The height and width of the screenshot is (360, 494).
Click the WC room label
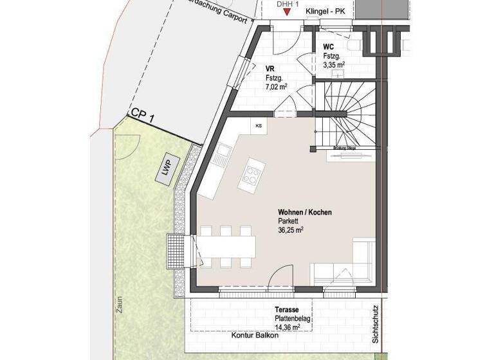click(x=328, y=48)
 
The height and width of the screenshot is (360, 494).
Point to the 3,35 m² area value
click(x=334, y=64)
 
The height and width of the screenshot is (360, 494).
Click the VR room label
click(x=270, y=67)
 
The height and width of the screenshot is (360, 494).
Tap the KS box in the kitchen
click(x=259, y=125)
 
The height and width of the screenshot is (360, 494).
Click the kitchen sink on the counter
click(x=222, y=154)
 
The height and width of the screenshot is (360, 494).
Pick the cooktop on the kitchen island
click(x=251, y=173)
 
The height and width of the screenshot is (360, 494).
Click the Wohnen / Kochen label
click(x=304, y=212)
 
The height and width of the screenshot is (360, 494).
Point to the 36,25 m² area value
click(x=291, y=230)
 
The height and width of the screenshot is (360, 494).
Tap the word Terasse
click(x=286, y=309)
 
